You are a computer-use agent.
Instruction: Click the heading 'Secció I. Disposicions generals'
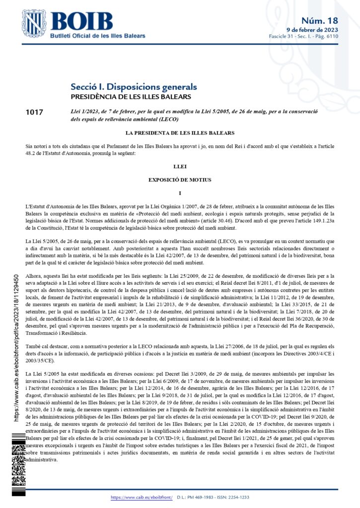pos(134,87)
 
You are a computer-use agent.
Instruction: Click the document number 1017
pos(34,113)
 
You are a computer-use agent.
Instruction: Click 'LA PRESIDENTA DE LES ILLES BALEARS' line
pos(180,133)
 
